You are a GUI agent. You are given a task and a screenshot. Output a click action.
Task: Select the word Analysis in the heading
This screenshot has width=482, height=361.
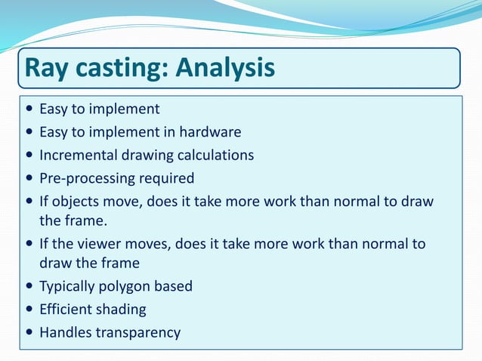pyautogui.click(x=226, y=69)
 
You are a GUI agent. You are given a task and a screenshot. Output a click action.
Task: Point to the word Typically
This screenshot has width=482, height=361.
pyautogui.click(x=69, y=286)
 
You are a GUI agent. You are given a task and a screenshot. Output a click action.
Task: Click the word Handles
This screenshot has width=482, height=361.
pyautogui.click(x=64, y=332)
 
